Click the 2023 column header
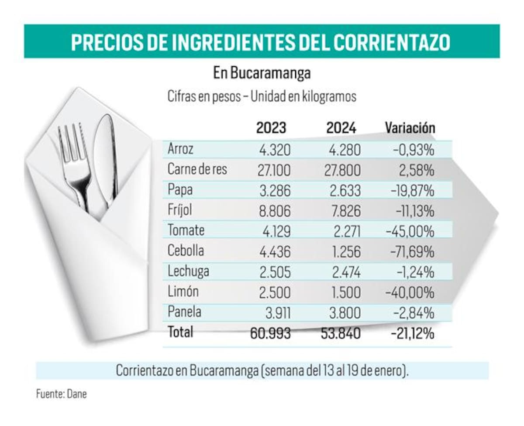(x=271, y=128)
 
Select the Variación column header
(x=410, y=128)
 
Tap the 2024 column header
(x=341, y=128)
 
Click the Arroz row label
(x=180, y=149)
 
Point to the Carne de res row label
(x=197, y=170)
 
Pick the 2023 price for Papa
(x=274, y=190)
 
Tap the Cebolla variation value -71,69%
(x=410, y=251)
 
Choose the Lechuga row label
(x=188, y=271)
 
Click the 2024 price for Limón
(x=345, y=292)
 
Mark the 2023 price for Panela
(x=277, y=313)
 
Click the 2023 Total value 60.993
(x=270, y=333)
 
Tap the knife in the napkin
(x=106, y=157)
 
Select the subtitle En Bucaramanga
(x=262, y=73)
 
